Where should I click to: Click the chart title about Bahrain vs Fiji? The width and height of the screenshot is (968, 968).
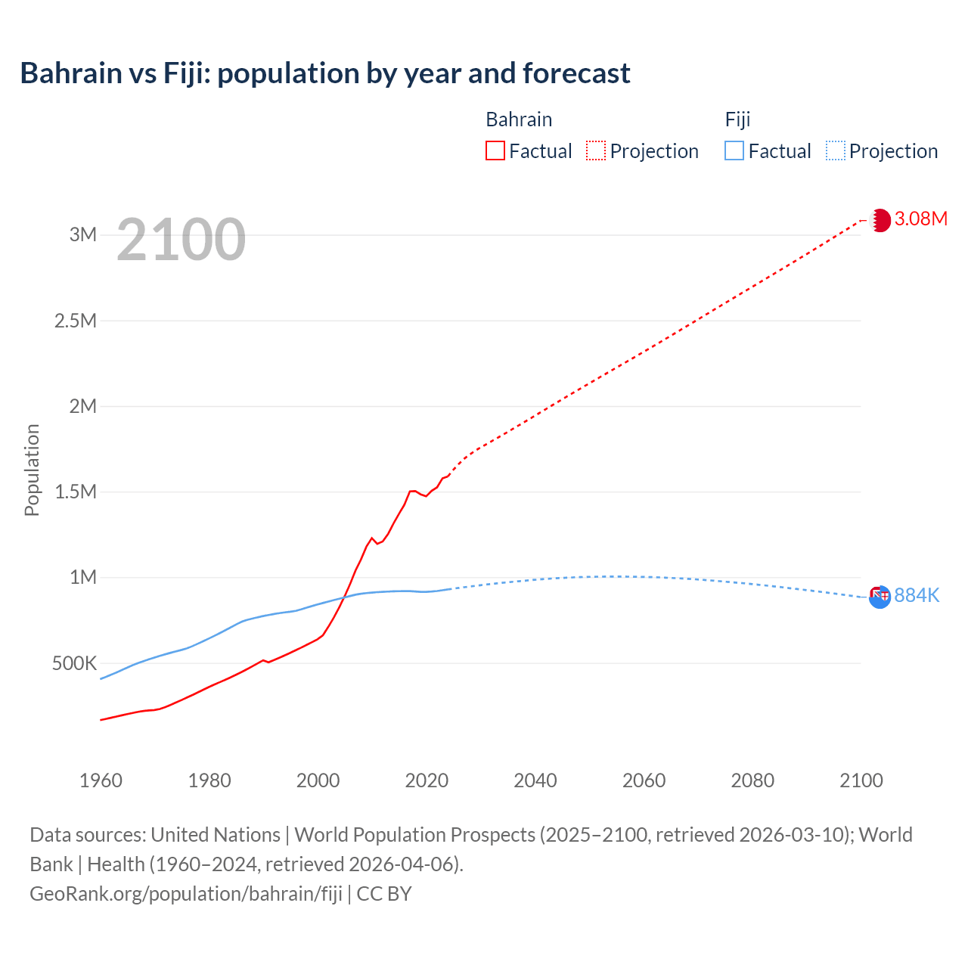325,73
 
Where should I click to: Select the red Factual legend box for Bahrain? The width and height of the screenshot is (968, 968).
495,150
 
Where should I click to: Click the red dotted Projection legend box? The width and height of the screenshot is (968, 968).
596,150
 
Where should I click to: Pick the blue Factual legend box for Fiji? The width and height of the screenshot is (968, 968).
734,150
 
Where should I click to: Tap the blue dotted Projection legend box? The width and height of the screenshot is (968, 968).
836,150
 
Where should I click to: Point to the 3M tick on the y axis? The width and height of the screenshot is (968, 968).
83,234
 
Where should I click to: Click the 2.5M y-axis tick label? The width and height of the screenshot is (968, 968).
76,321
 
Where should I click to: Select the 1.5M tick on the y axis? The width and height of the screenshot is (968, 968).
76,492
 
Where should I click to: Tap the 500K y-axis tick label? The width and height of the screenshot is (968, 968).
74,664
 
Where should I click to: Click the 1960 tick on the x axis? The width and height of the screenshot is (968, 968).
101,780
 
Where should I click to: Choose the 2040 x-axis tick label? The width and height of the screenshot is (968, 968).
535,780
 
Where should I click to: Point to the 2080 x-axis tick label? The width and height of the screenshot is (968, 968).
752,780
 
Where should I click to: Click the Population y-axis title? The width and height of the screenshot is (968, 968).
32,470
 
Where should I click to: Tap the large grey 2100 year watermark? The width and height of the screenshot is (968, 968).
181,240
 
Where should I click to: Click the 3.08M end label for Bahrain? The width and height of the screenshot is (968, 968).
920,219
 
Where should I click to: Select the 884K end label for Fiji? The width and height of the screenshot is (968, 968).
917,596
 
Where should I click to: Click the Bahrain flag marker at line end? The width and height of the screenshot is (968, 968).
880,220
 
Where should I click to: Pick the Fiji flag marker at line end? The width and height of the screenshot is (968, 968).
880,597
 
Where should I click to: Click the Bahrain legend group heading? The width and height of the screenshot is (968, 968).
519,119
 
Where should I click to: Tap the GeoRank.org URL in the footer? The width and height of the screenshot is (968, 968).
186,894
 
